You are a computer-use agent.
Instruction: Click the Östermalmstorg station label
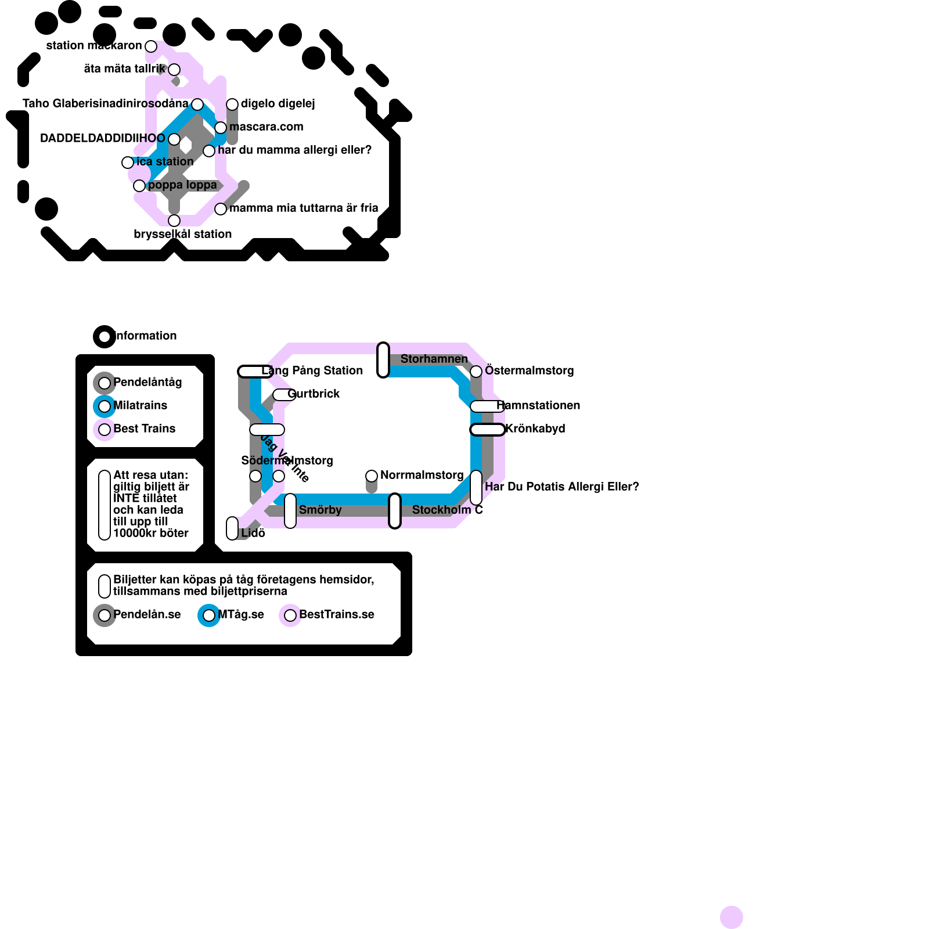[x=529, y=370]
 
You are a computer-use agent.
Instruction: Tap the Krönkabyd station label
[x=535, y=429]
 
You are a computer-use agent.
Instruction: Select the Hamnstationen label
[x=538, y=405]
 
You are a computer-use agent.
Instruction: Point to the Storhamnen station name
[x=434, y=359]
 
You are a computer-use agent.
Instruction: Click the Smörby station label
[x=320, y=510]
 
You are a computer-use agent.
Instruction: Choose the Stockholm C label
[x=447, y=510]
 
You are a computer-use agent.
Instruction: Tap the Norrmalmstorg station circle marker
[x=372, y=476]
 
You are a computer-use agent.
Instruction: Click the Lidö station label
[x=253, y=533]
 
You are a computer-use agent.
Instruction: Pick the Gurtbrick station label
[x=314, y=394]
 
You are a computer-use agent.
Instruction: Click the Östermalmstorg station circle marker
[x=476, y=372]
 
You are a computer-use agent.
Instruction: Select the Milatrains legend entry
[x=141, y=405]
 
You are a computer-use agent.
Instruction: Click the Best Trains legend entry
[x=145, y=429]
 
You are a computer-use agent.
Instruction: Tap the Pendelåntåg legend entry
[x=147, y=382]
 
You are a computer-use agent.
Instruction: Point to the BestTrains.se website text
[x=337, y=614]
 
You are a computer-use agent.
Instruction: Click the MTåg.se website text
[x=241, y=614]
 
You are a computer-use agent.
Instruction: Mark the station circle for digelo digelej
[x=232, y=105]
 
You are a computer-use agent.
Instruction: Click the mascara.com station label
[x=266, y=127]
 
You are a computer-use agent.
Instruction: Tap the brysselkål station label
[x=182, y=234]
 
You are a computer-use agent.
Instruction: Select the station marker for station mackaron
[x=151, y=46]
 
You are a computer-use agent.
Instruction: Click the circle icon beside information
[x=105, y=337]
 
